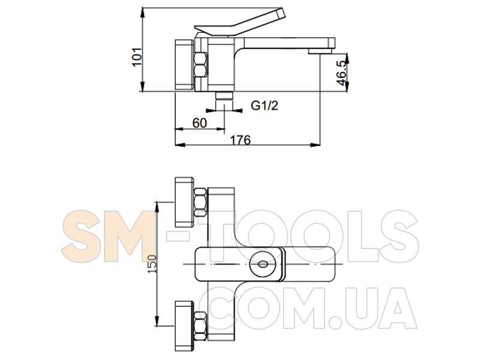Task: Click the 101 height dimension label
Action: coord(137,56)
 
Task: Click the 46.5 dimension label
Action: coord(341,73)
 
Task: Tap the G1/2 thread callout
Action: coord(265,106)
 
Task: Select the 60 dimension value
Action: coord(200,123)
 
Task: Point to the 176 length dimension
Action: coord(240,140)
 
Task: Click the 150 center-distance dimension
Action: coord(152,264)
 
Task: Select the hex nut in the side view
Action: coord(200,65)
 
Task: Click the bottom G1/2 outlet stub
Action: coord(224,95)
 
